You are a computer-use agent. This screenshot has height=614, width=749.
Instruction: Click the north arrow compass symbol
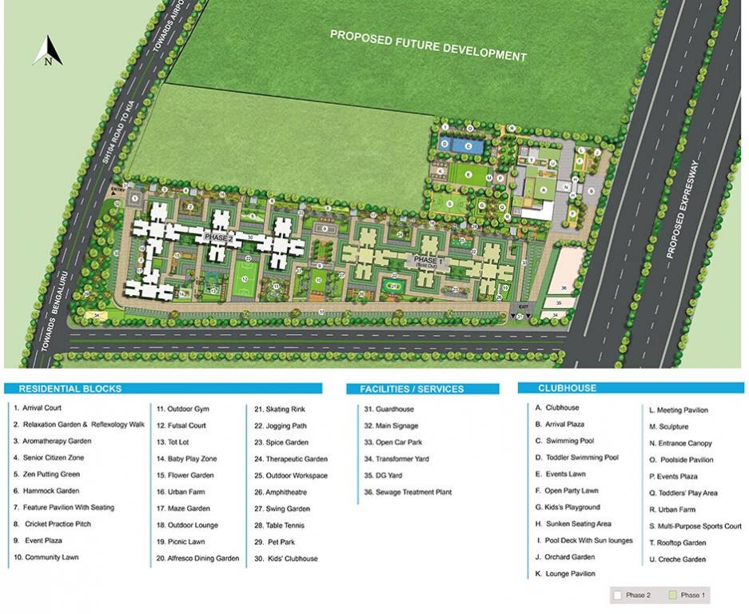(x=49, y=51)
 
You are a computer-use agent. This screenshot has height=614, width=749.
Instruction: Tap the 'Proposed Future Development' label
(x=428, y=46)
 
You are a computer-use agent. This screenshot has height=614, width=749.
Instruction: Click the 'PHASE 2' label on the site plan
(x=217, y=238)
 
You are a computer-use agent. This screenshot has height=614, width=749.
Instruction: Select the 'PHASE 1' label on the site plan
(x=426, y=261)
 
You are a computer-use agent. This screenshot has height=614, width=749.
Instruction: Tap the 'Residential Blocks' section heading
(x=70, y=389)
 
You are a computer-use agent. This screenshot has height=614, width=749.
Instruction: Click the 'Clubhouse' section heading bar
(x=567, y=388)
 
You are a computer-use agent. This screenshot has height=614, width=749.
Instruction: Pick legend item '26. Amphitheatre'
(x=281, y=492)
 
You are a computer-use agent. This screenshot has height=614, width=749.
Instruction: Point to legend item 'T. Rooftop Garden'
(x=678, y=543)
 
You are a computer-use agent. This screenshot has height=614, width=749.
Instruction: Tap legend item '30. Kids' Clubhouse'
(x=286, y=559)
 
